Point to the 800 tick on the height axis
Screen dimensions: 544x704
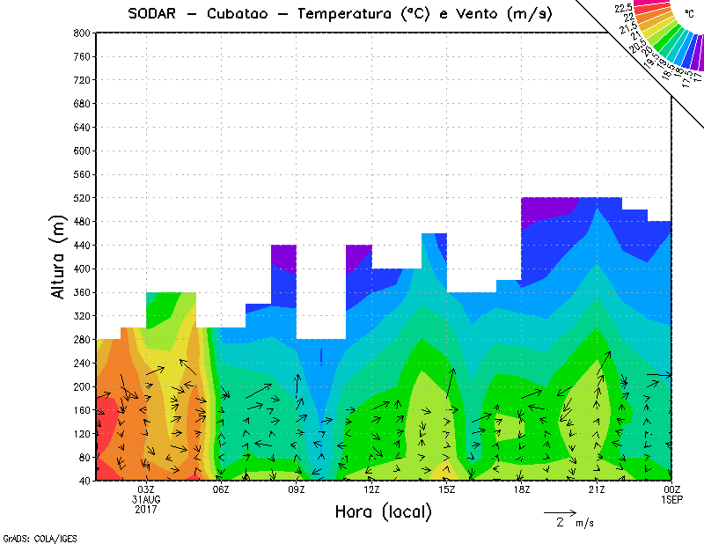[81, 33]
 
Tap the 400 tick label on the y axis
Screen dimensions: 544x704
[81, 268]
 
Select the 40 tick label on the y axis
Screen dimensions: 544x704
[84, 482]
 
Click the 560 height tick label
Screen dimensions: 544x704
[81, 174]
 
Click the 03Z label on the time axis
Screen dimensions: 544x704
[146, 489]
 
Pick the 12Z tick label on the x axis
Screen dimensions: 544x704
[371, 489]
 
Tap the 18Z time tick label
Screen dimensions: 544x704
[521, 489]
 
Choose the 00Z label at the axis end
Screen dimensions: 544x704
[671, 489]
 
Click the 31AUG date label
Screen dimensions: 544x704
[146, 499]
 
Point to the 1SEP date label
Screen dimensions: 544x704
[671, 499]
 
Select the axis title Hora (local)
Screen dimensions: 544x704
[383, 511]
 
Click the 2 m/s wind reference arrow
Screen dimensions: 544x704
[560, 511]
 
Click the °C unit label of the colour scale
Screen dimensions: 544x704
[688, 14]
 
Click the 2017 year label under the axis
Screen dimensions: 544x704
[146, 509]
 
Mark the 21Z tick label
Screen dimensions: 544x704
[597, 489]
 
